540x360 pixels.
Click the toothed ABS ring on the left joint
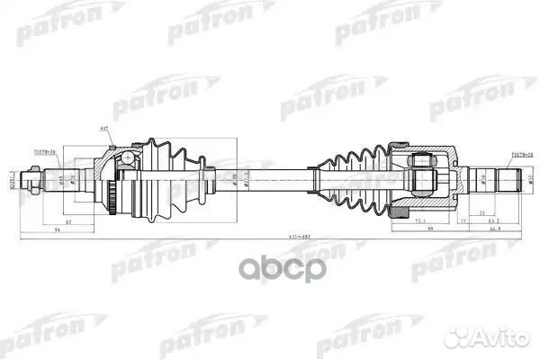click(x=112, y=190)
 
